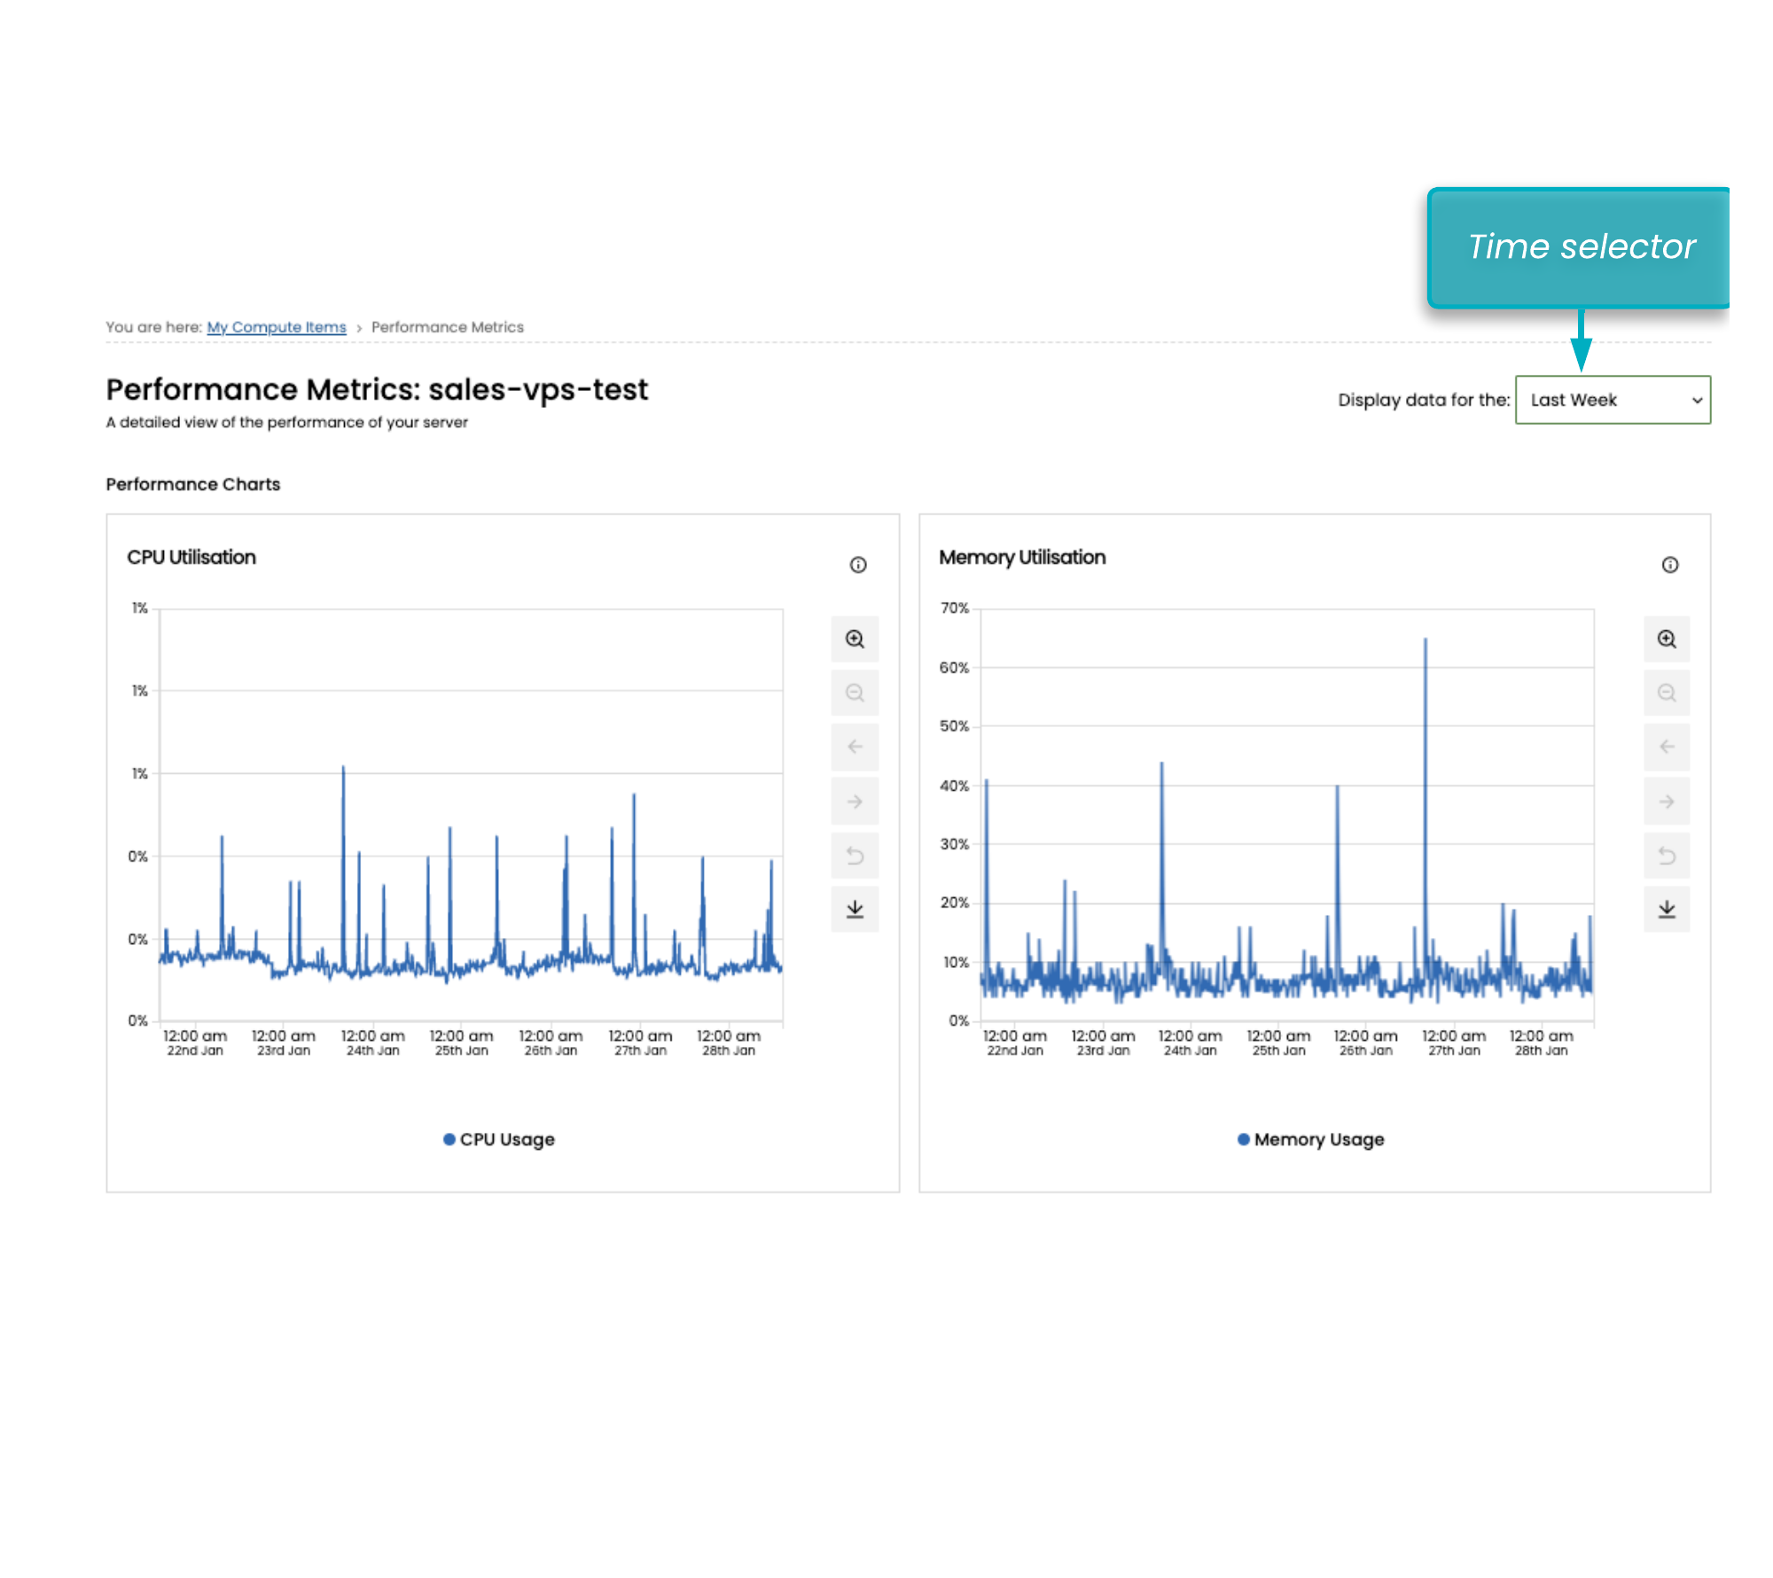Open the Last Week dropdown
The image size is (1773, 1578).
click(1613, 400)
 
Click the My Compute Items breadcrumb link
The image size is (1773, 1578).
click(276, 327)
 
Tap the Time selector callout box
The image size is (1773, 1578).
click(1581, 247)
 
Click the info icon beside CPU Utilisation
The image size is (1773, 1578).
click(858, 565)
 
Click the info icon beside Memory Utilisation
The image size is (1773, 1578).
click(1670, 565)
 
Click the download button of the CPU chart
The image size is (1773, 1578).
click(855, 909)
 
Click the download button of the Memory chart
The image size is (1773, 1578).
click(1667, 909)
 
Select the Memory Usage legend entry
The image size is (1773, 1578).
click(1311, 1139)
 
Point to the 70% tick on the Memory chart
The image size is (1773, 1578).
click(955, 608)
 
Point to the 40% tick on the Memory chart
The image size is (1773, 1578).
click(955, 785)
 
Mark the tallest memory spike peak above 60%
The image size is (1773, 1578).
click(1425, 639)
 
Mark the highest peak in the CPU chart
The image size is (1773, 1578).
click(343, 767)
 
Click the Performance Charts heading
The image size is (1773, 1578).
click(193, 484)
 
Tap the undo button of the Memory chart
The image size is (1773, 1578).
click(1667, 855)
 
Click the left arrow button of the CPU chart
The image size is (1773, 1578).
click(855, 746)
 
